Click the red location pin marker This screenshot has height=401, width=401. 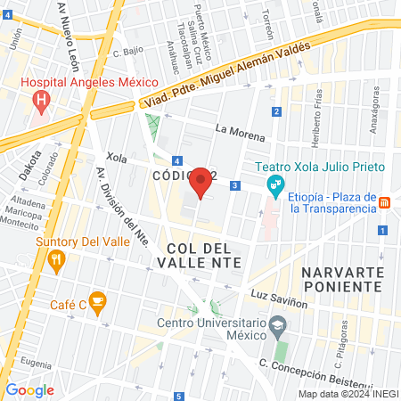(x=201, y=182)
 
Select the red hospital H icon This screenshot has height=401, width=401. (x=40, y=100)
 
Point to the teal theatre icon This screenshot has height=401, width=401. (x=275, y=184)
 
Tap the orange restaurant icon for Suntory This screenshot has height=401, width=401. (x=57, y=259)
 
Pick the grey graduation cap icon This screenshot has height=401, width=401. (x=278, y=325)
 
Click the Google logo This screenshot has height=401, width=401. (x=29, y=389)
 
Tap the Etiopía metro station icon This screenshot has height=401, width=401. (x=384, y=202)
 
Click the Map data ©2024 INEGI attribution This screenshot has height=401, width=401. (x=348, y=394)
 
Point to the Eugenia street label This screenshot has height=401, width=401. (x=36, y=363)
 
